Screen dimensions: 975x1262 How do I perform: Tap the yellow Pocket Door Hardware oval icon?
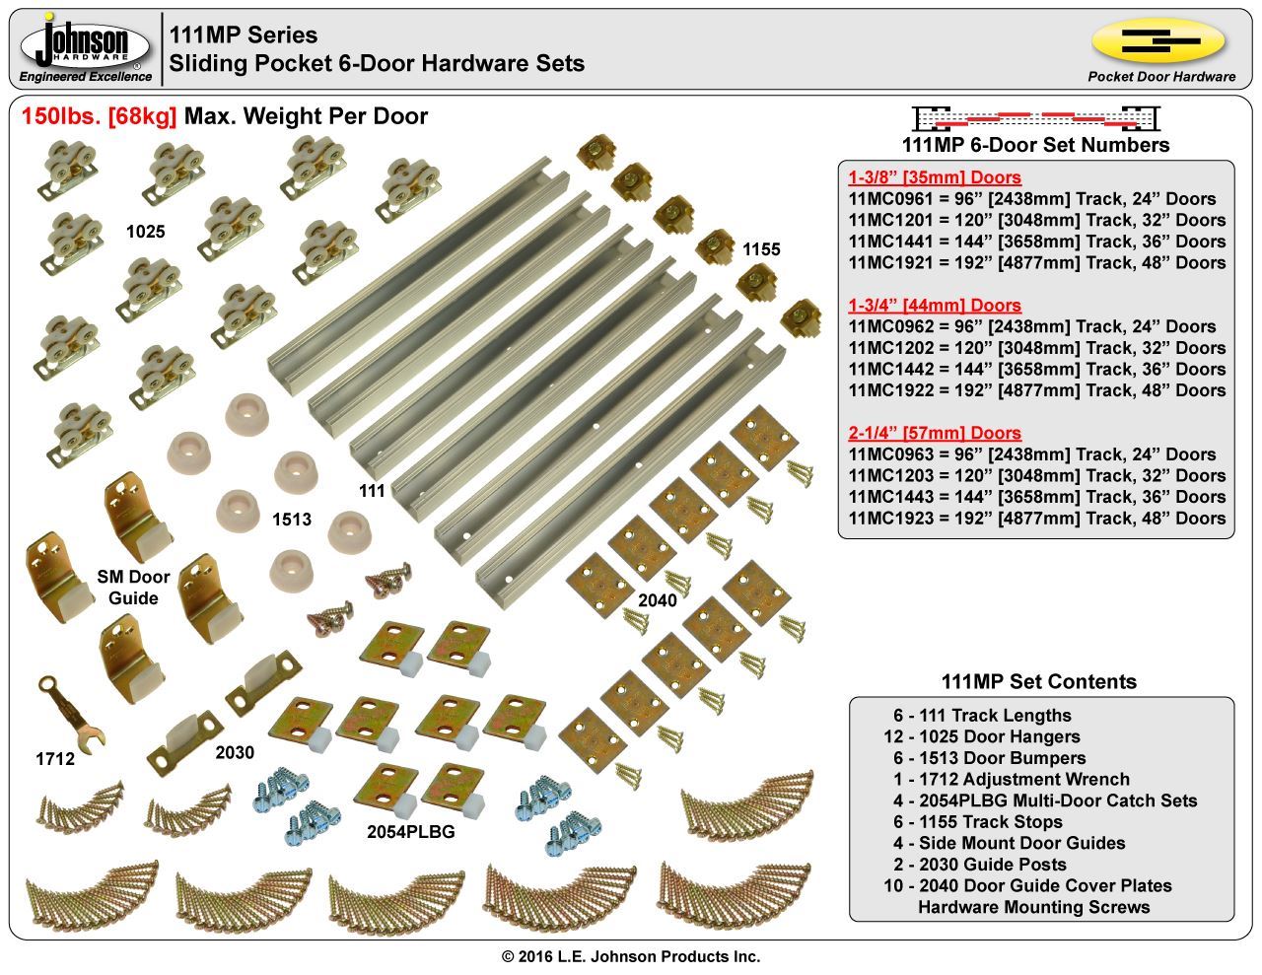point(1158,41)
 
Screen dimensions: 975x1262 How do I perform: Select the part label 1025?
point(145,232)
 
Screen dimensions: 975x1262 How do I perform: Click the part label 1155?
point(760,249)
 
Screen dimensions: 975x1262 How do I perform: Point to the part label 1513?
point(292,520)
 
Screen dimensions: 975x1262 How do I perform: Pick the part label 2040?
point(657,599)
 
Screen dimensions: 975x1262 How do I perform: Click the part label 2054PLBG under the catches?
point(410,831)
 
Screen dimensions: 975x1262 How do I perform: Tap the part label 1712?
point(55,759)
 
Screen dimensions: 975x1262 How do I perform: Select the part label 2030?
point(235,753)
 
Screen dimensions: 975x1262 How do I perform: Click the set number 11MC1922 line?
point(1036,390)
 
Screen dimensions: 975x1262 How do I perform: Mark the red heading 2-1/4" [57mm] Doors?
point(934,433)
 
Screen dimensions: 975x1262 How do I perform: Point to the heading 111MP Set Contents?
point(1038,681)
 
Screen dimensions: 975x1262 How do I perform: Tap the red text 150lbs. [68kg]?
point(100,116)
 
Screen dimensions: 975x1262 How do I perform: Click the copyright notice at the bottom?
point(631,956)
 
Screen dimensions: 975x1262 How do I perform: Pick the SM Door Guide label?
point(133,587)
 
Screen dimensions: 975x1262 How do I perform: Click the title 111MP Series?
point(244,35)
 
